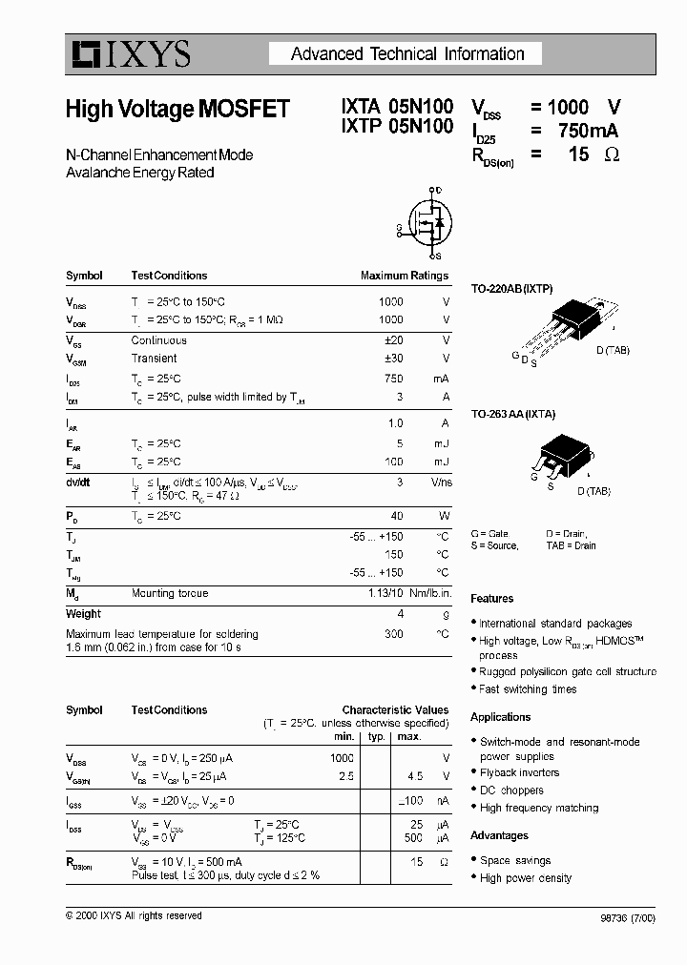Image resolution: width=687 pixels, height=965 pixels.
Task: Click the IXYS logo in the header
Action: [x=129, y=54]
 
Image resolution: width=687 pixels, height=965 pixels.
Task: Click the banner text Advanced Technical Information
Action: [x=407, y=54]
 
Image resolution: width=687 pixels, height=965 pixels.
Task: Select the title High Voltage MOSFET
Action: [x=177, y=110]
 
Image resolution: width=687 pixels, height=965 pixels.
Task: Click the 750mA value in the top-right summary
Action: [x=587, y=132]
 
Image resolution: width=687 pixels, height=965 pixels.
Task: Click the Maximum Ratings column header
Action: [x=404, y=276]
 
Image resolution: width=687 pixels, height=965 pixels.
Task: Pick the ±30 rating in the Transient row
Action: [x=391, y=359]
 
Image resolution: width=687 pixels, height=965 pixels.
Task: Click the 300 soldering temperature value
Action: [x=393, y=633]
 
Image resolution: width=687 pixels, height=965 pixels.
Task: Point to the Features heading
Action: [x=491, y=599]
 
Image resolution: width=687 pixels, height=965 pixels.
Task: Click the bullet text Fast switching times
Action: [x=528, y=688]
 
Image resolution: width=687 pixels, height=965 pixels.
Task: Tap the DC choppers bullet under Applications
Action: [x=511, y=790]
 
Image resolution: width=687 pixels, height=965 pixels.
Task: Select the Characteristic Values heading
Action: [x=395, y=710]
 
